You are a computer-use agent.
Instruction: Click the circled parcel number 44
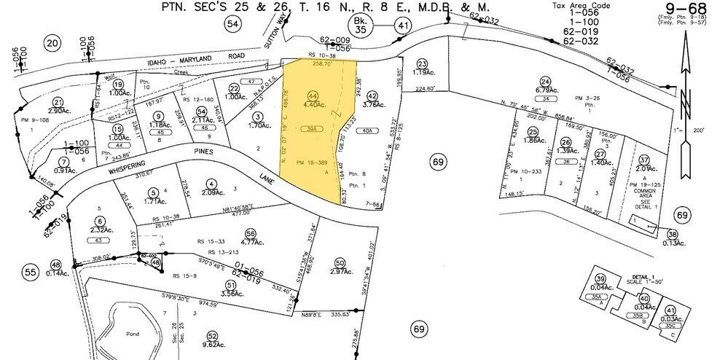point(313,95)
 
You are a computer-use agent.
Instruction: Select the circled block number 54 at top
point(232,25)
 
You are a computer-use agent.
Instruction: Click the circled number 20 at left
point(52,44)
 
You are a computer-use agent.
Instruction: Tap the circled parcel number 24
point(544,82)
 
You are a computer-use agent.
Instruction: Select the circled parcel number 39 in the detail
point(600,280)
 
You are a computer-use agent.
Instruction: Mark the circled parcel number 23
point(422,64)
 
